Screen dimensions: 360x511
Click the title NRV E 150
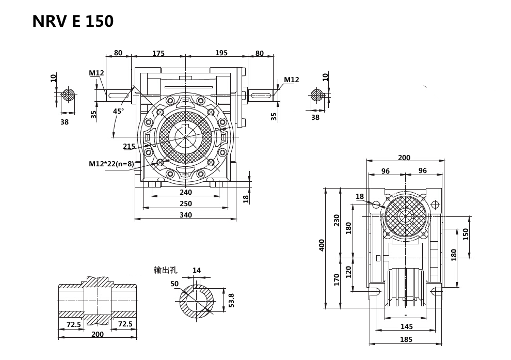(73, 21)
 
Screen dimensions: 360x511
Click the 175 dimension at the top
(158, 53)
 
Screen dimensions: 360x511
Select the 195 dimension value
(221, 53)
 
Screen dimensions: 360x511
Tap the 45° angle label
(119, 111)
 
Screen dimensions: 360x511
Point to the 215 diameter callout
(129, 147)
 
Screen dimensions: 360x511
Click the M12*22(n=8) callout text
(111, 164)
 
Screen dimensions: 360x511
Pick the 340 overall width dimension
(186, 215)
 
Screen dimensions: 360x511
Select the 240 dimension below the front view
(186, 192)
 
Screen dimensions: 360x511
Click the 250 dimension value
(186, 204)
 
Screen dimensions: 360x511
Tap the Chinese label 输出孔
(165, 270)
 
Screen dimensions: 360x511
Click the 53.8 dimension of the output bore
(231, 301)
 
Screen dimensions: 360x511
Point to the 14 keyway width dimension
(197, 270)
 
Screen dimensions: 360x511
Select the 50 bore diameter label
(174, 284)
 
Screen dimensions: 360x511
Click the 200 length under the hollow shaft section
(97, 334)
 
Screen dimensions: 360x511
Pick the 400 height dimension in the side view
(322, 245)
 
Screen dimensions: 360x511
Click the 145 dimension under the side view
(406, 326)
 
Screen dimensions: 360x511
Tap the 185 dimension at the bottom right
(406, 339)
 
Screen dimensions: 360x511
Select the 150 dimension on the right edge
(466, 234)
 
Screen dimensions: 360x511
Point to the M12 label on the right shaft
(292, 80)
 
